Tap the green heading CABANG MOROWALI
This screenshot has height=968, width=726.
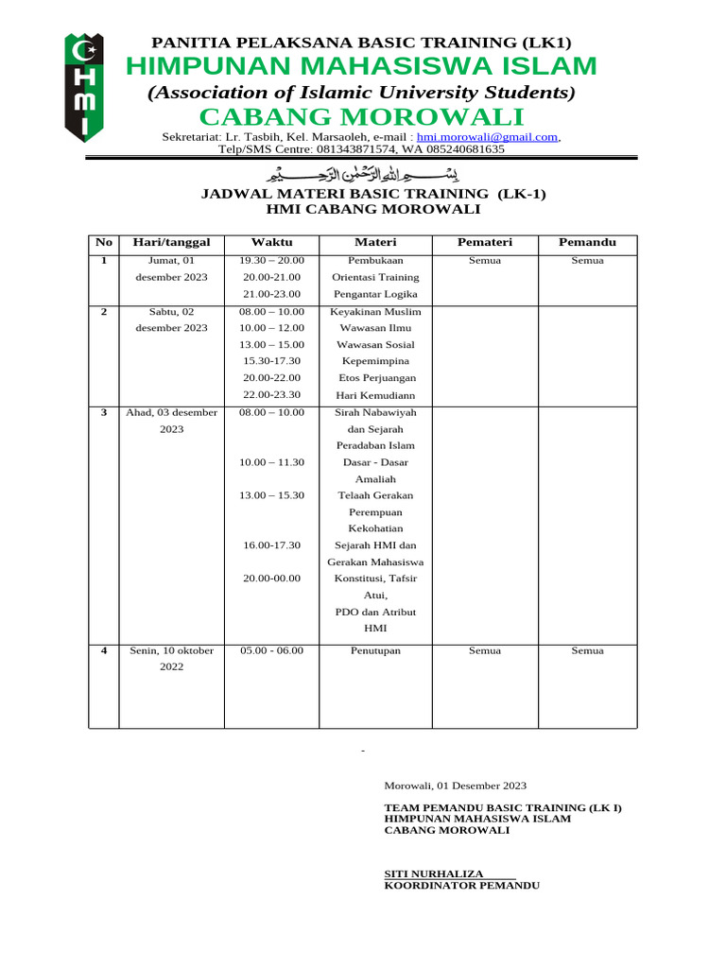point(360,116)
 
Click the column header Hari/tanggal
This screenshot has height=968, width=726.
point(171,242)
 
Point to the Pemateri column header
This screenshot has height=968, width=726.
point(484,242)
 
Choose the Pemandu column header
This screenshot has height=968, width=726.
point(587,242)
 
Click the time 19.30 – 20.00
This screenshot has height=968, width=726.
point(271,260)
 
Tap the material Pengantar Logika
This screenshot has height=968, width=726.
point(375,294)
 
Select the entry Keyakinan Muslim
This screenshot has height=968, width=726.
point(375,311)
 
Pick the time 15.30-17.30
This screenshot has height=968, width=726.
point(271,361)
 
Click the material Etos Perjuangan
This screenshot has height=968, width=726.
point(375,378)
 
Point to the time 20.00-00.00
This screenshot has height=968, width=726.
point(271,578)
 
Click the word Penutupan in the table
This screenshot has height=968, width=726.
point(375,650)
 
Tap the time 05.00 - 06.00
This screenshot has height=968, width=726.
point(271,650)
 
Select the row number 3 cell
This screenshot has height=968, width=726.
point(104,412)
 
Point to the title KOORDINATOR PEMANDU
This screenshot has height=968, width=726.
point(461,886)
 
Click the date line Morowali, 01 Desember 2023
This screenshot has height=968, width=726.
point(456,786)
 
